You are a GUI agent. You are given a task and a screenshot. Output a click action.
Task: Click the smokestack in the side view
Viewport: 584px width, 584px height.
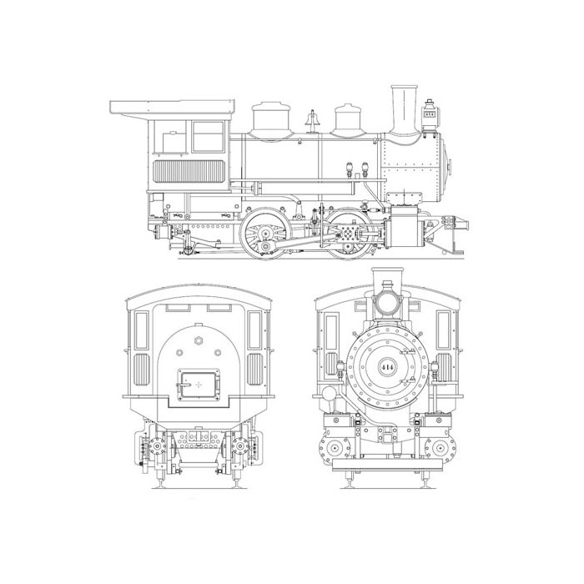click(x=405, y=108)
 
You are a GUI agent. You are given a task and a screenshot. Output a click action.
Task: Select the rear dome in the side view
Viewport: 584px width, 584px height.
click(x=270, y=118)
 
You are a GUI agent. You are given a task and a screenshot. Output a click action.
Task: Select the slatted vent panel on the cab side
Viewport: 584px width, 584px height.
click(x=193, y=172)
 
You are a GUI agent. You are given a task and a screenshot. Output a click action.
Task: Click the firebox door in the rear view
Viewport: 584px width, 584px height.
click(x=199, y=384)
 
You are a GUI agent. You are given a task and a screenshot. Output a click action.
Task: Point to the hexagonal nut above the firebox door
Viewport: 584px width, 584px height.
click(x=199, y=340)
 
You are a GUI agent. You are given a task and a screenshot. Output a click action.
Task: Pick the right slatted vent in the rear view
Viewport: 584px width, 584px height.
click(x=254, y=368)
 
